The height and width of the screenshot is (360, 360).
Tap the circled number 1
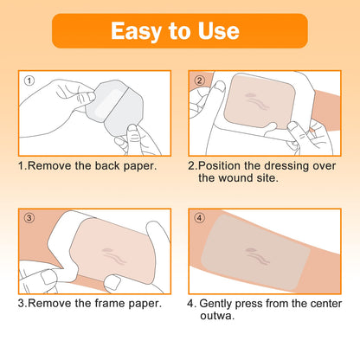tap(30, 81)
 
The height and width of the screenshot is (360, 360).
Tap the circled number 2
tap(199, 81)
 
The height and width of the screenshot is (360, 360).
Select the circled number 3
tap(30, 218)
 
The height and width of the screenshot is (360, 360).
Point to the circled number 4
tap(199, 218)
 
